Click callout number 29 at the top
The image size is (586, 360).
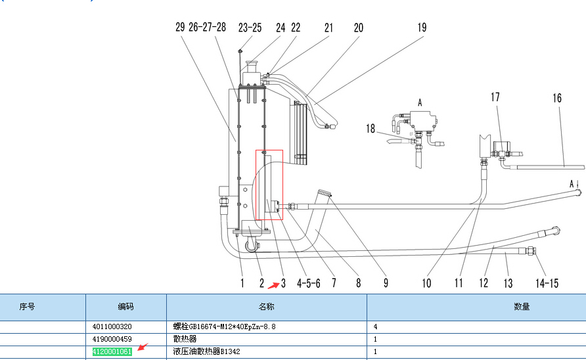click(181, 28)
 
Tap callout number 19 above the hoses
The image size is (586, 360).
click(422, 28)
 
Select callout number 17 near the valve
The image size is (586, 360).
click(495, 97)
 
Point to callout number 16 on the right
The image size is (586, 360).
click(557, 98)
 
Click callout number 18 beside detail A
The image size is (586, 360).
click(371, 129)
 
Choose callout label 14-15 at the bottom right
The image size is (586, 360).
click(547, 283)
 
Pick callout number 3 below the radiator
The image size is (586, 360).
click(283, 283)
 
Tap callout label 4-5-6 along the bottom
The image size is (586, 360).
click(308, 283)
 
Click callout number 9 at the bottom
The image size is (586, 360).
click(386, 283)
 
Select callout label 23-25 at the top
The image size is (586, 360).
click(250, 28)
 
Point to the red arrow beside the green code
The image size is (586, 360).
click(143, 346)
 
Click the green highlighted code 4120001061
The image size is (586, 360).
click(112, 352)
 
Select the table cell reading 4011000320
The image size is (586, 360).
click(112, 326)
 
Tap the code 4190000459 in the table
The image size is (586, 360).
click(112, 339)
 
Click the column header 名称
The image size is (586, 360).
click(266, 307)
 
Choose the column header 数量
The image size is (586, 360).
click(522, 307)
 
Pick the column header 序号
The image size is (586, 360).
click(27, 307)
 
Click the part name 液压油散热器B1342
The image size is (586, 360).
click(207, 352)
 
